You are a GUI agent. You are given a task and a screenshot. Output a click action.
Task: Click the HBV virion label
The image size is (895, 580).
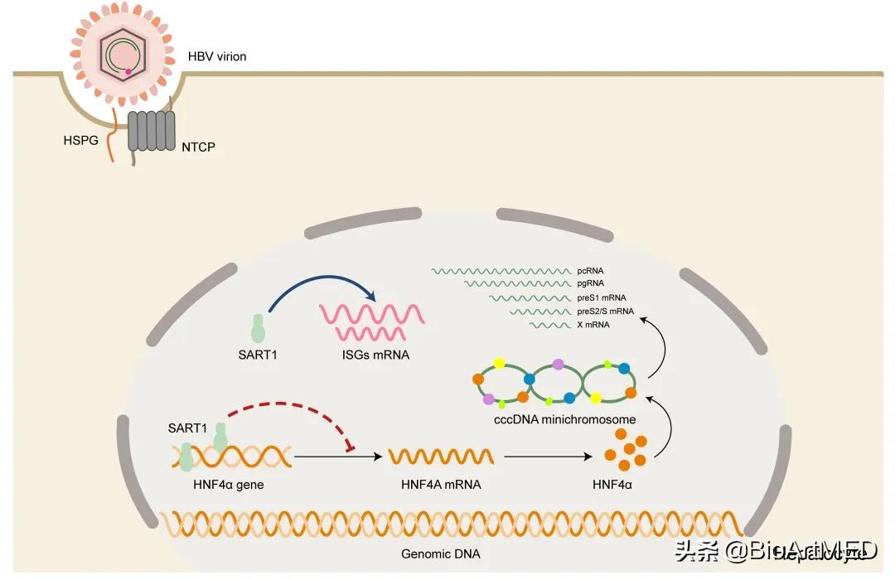pos(217,56)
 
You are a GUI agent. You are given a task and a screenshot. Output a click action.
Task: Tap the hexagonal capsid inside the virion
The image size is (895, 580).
pos(122,56)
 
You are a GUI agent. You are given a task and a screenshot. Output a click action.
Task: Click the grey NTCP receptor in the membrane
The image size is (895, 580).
pos(152,131)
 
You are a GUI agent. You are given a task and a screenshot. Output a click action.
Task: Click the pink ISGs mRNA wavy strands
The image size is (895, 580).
pos(373,322)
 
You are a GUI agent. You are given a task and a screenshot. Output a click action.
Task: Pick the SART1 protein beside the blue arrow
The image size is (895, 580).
pos(259,328)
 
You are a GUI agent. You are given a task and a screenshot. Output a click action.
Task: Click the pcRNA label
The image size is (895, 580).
pos(590,270)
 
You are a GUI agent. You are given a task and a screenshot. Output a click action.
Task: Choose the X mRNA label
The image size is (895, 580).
pos(593,325)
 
